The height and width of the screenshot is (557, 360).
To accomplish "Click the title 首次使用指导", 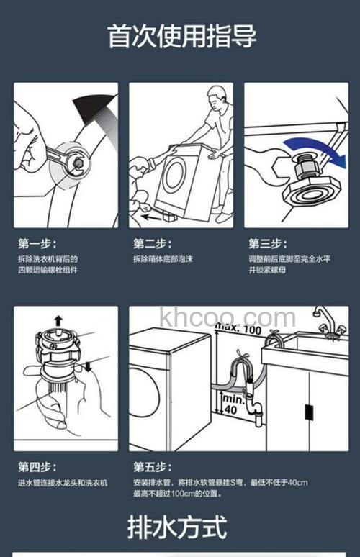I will tap(181, 36).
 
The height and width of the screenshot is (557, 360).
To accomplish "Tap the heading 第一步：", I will tap(37, 243).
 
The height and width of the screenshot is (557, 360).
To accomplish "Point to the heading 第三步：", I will tap(267, 243).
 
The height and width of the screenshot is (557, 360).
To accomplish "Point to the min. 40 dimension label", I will tap(228, 403).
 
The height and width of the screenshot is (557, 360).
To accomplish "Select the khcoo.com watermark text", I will tap(228, 317).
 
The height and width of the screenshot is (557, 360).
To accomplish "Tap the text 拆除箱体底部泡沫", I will tap(163, 259).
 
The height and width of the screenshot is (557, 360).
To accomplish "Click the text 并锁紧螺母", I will tap(268, 271).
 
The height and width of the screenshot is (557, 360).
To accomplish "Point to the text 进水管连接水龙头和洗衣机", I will tap(63, 482).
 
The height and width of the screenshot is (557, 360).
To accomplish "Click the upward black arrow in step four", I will tap(58, 320).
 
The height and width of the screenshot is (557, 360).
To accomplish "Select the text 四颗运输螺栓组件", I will tap(48, 271).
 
